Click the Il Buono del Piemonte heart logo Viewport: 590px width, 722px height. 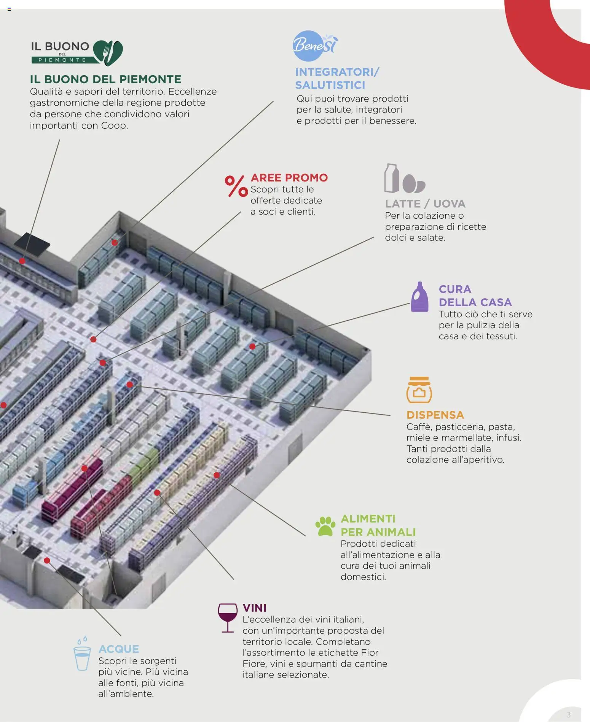coord(108,53)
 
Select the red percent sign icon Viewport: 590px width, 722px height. coord(236,186)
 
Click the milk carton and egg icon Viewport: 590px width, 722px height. coord(403,179)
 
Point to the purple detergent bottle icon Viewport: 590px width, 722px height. coord(419,297)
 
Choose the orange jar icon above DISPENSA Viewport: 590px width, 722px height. coord(419,390)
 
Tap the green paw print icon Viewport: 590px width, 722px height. coord(325,526)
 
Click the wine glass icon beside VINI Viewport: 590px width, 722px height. coord(227,617)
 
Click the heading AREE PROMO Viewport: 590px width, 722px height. coord(289,178)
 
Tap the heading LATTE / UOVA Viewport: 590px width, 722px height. coord(425,204)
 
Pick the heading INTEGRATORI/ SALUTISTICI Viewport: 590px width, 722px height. coord(336,78)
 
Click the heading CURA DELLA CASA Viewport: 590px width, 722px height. coord(475,296)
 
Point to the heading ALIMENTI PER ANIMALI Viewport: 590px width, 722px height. coord(378,525)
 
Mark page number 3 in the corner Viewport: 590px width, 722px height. coord(569,714)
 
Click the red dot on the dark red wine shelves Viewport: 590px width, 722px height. coord(85,468)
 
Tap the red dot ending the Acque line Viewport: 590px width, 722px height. coord(47,560)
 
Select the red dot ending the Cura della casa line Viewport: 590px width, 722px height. coord(252,346)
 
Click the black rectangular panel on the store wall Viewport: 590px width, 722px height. coord(32,244)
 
